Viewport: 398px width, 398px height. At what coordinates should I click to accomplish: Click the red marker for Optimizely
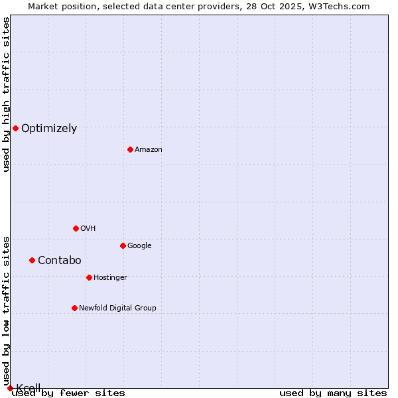coord(15,128)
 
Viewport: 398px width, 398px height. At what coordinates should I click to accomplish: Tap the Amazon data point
coord(130,149)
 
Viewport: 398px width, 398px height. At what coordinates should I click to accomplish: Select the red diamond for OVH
coord(76,228)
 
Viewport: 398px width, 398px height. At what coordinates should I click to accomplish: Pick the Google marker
coord(123,245)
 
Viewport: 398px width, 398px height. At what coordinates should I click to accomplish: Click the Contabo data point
coord(32,260)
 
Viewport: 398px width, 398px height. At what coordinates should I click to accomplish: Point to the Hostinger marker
coord(89,277)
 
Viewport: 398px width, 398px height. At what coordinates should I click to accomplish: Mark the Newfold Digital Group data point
coord(74,308)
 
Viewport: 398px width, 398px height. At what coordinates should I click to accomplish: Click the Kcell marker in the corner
coord(10,388)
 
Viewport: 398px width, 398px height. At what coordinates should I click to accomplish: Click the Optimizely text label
coord(49,129)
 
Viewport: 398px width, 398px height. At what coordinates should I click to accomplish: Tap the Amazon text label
coord(149,150)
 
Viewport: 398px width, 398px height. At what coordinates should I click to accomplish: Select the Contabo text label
coord(59,261)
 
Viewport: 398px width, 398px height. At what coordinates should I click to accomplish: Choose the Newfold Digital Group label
coord(117,308)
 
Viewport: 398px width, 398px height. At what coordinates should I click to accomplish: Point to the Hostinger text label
coord(110,277)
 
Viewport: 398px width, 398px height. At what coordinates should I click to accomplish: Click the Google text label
coord(139,246)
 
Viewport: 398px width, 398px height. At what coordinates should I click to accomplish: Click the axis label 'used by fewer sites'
coord(68,393)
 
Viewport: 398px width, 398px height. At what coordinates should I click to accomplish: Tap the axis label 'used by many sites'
coord(333,393)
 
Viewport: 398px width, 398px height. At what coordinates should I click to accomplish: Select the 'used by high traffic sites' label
coord(6,94)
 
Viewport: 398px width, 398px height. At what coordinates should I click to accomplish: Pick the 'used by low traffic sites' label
coord(6,310)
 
